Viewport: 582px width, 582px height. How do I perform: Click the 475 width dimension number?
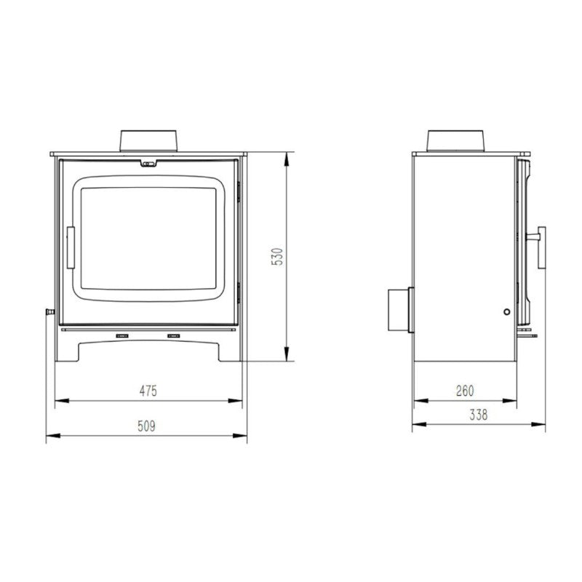click(148, 391)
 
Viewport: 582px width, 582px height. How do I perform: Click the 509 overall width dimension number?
click(148, 426)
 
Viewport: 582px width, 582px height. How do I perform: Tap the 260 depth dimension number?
click(465, 391)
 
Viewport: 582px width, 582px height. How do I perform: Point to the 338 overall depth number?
click(478, 415)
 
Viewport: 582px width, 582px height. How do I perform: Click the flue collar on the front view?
click(148, 142)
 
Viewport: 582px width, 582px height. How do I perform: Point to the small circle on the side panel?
click(506, 312)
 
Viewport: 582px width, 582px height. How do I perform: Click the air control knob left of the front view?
click(49, 312)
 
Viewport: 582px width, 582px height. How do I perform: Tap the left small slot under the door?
click(121, 336)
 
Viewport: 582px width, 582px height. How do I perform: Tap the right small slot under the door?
click(174, 336)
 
